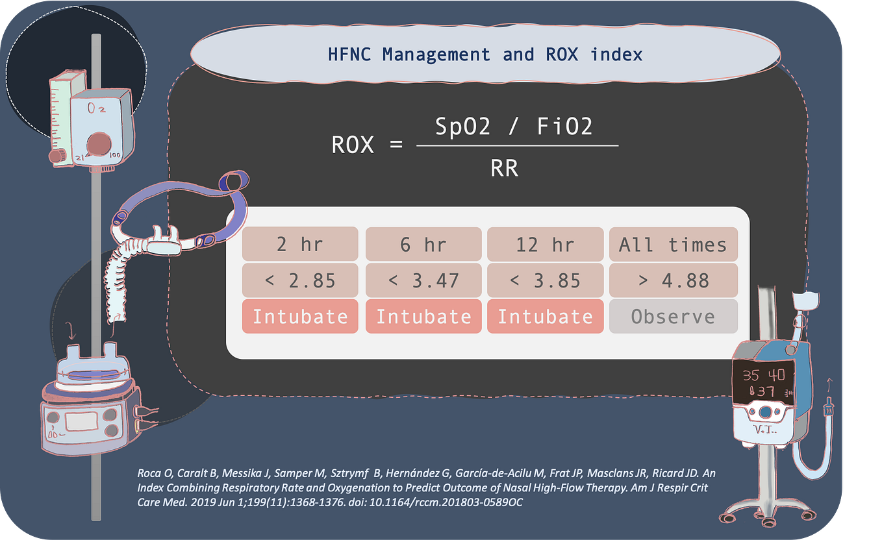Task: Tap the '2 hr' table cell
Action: point(300,245)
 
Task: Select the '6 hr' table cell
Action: point(423,245)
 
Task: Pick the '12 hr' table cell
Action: point(545,245)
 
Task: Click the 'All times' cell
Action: point(672,245)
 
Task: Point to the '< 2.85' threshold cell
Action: point(300,280)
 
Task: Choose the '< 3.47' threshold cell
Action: point(423,280)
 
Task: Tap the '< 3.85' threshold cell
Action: point(545,280)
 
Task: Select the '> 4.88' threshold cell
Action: point(672,280)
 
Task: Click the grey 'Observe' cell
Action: point(672,317)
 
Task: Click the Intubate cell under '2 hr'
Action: point(300,317)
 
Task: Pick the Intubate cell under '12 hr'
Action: point(545,317)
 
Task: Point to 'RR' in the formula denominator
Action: point(504,169)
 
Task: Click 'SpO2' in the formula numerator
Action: point(462,127)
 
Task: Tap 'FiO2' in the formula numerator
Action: point(564,127)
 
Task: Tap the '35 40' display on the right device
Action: point(764,375)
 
